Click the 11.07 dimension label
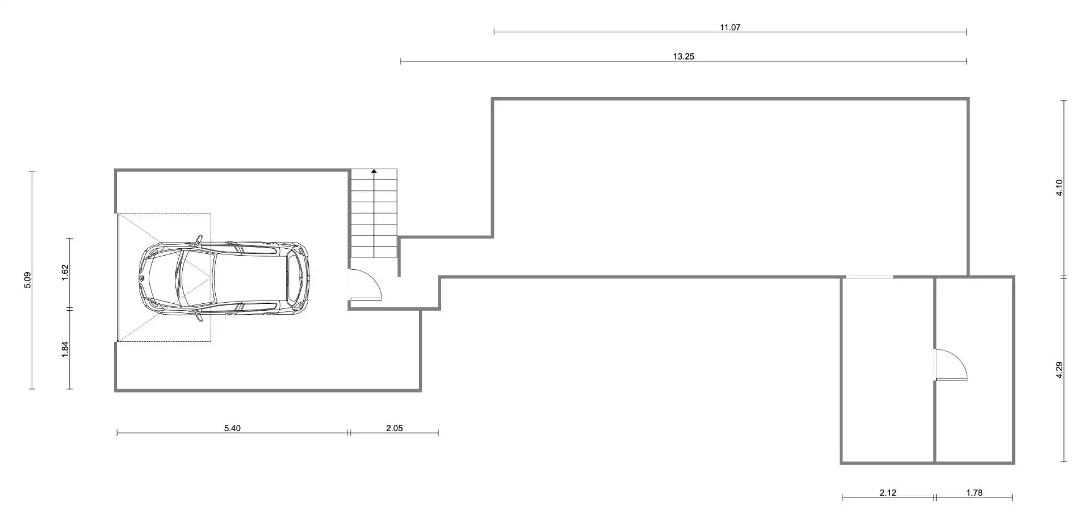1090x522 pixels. [x=730, y=27]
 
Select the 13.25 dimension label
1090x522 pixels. [x=684, y=57]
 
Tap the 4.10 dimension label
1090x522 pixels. [x=1059, y=187]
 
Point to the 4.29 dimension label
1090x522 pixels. [x=1059, y=370]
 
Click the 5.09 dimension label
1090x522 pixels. [x=28, y=280]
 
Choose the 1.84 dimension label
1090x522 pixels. [x=65, y=349]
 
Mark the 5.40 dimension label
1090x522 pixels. [x=232, y=428]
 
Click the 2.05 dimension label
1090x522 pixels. [x=394, y=428]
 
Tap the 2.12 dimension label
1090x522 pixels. [x=888, y=493]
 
